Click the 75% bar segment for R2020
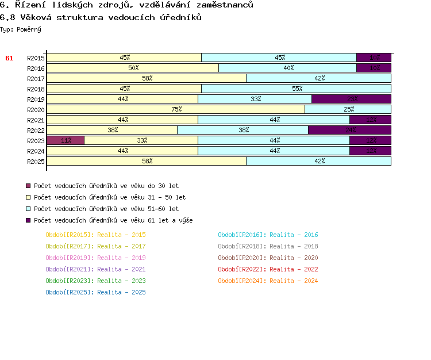(176, 109)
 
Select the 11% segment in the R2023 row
(66, 140)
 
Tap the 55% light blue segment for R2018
(297, 89)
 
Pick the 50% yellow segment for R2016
(133, 68)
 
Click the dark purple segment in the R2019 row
(351, 99)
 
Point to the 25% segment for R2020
(348, 109)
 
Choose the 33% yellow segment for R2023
(141, 140)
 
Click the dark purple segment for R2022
(349, 130)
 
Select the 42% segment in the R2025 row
(319, 161)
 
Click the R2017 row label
(36, 79)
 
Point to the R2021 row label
(36, 120)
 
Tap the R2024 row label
(36, 151)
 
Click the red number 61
(9, 58)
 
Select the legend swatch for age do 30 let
(28, 186)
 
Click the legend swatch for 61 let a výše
(28, 220)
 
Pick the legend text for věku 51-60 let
(106, 209)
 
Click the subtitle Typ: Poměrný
(21, 29)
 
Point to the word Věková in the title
(35, 17)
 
